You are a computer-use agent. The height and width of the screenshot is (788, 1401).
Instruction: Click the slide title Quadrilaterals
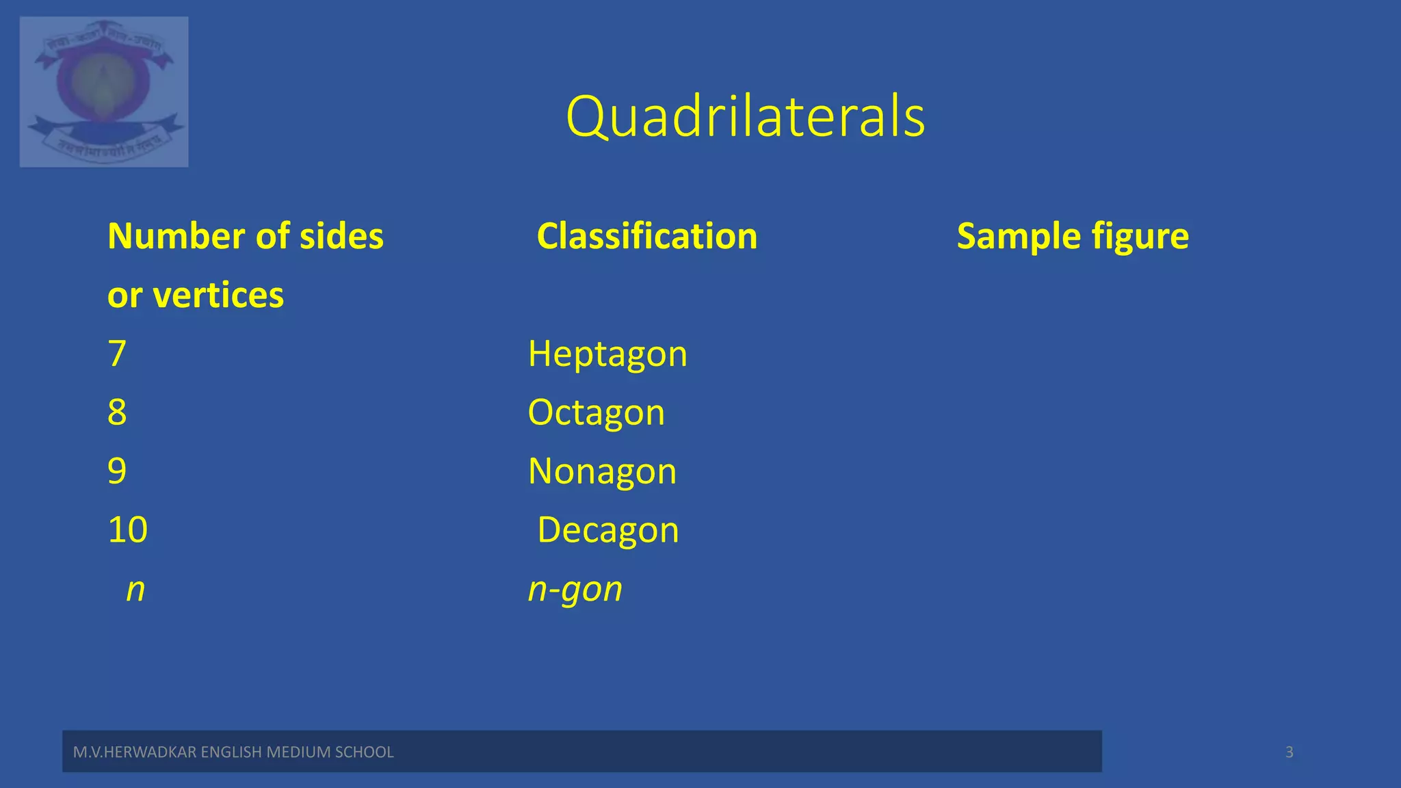(745, 116)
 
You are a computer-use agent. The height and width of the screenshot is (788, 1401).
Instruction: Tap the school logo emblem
(104, 92)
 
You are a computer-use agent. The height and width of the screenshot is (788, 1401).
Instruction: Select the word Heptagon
(607, 354)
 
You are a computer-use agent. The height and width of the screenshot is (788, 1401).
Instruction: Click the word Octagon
(596, 412)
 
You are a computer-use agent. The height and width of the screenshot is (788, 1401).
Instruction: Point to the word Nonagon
(602, 471)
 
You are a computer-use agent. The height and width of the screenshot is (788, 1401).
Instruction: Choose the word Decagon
(607, 530)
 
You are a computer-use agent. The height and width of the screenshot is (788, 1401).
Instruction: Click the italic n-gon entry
(575, 589)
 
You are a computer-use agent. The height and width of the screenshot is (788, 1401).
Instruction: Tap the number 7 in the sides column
(117, 354)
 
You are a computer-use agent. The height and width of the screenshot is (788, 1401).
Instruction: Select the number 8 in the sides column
(117, 412)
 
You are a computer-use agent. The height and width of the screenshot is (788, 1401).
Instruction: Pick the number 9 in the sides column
(117, 471)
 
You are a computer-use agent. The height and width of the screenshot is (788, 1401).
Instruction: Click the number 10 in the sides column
(127, 530)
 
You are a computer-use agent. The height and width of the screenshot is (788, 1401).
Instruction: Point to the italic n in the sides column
(135, 589)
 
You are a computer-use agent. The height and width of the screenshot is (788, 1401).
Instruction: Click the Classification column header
(646, 237)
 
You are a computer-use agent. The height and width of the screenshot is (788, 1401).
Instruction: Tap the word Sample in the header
(1019, 237)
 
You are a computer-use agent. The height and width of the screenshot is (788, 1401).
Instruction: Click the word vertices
(218, 295)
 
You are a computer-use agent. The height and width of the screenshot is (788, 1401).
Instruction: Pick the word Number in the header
(176, 237)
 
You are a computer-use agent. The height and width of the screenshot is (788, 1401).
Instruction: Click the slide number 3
(1289, 752)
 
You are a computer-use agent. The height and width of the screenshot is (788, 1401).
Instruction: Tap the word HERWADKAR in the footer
(150, 752)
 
